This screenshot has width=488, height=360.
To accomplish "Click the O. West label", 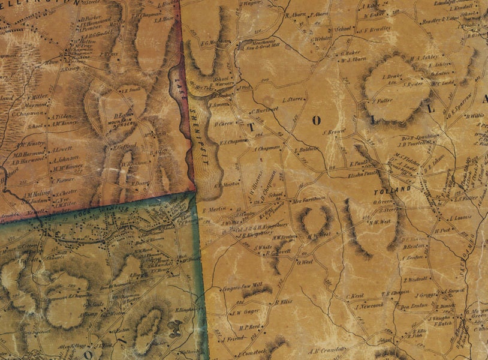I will pyautogui.click(x=306, y=262).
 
